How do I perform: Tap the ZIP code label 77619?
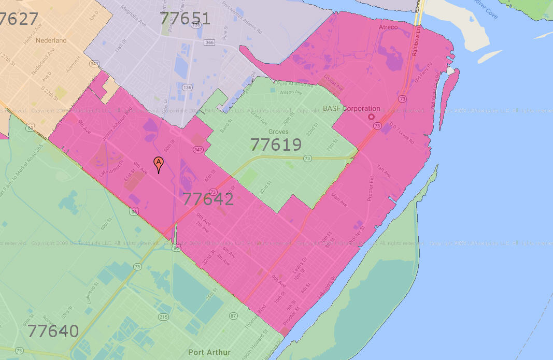pos(276,145)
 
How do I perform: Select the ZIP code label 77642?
pos(208,199)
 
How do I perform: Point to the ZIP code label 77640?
pos(53,331)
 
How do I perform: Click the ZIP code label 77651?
pos(185,19)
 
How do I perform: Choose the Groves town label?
pos(278,132)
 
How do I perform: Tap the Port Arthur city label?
pos(209,352)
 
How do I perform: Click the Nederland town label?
pos(51,40)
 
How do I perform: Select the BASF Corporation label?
pos(351,109)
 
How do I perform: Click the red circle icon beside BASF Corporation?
pos(371,117)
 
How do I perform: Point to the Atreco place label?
pos(388,27)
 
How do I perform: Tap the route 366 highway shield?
pos(209,42)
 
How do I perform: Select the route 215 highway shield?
pos(164,316)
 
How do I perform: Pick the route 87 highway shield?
pos(233,316)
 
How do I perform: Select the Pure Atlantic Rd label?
pos(295,83)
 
